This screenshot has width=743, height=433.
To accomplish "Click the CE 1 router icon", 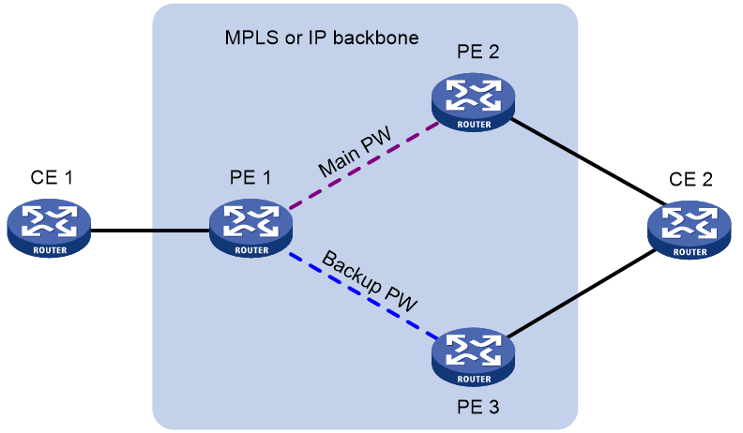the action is point(49,228).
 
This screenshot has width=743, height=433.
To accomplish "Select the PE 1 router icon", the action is point(251,228).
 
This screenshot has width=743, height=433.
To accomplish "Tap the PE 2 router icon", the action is point(474,102).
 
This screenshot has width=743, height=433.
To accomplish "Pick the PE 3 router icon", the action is point(474,357).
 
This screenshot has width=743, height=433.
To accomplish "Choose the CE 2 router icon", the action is point(690,230).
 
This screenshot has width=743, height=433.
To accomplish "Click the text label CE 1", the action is point(52,177).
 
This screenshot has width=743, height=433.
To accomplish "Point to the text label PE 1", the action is point(250,177).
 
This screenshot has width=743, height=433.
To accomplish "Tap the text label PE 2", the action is point(478,52).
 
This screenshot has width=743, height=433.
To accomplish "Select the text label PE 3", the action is point(478,407).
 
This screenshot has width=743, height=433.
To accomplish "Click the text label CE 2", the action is point(690,179).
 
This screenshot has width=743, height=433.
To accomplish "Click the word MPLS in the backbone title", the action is point(251,37).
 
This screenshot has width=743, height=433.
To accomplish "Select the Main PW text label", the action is point(356,152).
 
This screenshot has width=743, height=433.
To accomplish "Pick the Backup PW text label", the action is point(370,280).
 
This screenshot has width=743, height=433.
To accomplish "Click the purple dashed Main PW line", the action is point(364,165).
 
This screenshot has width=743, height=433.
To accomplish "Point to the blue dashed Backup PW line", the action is point(363,296).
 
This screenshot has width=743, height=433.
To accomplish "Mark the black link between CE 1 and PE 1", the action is point(150,231).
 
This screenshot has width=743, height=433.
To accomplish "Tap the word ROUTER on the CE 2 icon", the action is point(690,252).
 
